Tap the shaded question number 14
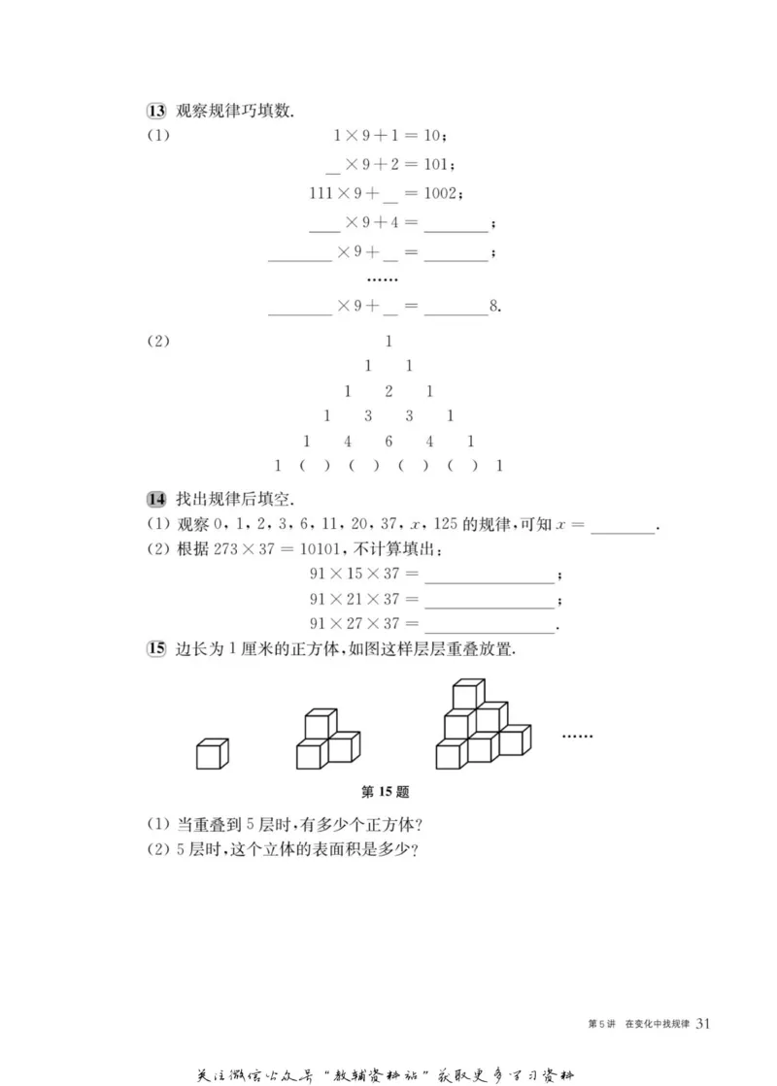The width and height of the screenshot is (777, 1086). click(154, 500)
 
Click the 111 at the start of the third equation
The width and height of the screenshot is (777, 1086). click(321, 193)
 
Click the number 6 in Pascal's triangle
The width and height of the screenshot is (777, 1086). click(388, 441)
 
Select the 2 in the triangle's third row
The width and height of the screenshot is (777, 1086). click(388, 391)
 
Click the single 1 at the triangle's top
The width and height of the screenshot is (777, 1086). click(388, 342)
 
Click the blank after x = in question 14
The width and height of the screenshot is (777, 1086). click(623, 527)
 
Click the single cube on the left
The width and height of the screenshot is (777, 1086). click(212, 753)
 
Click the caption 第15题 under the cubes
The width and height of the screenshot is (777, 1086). click(388, 791)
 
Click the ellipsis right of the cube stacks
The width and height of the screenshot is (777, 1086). click(577, 737)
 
